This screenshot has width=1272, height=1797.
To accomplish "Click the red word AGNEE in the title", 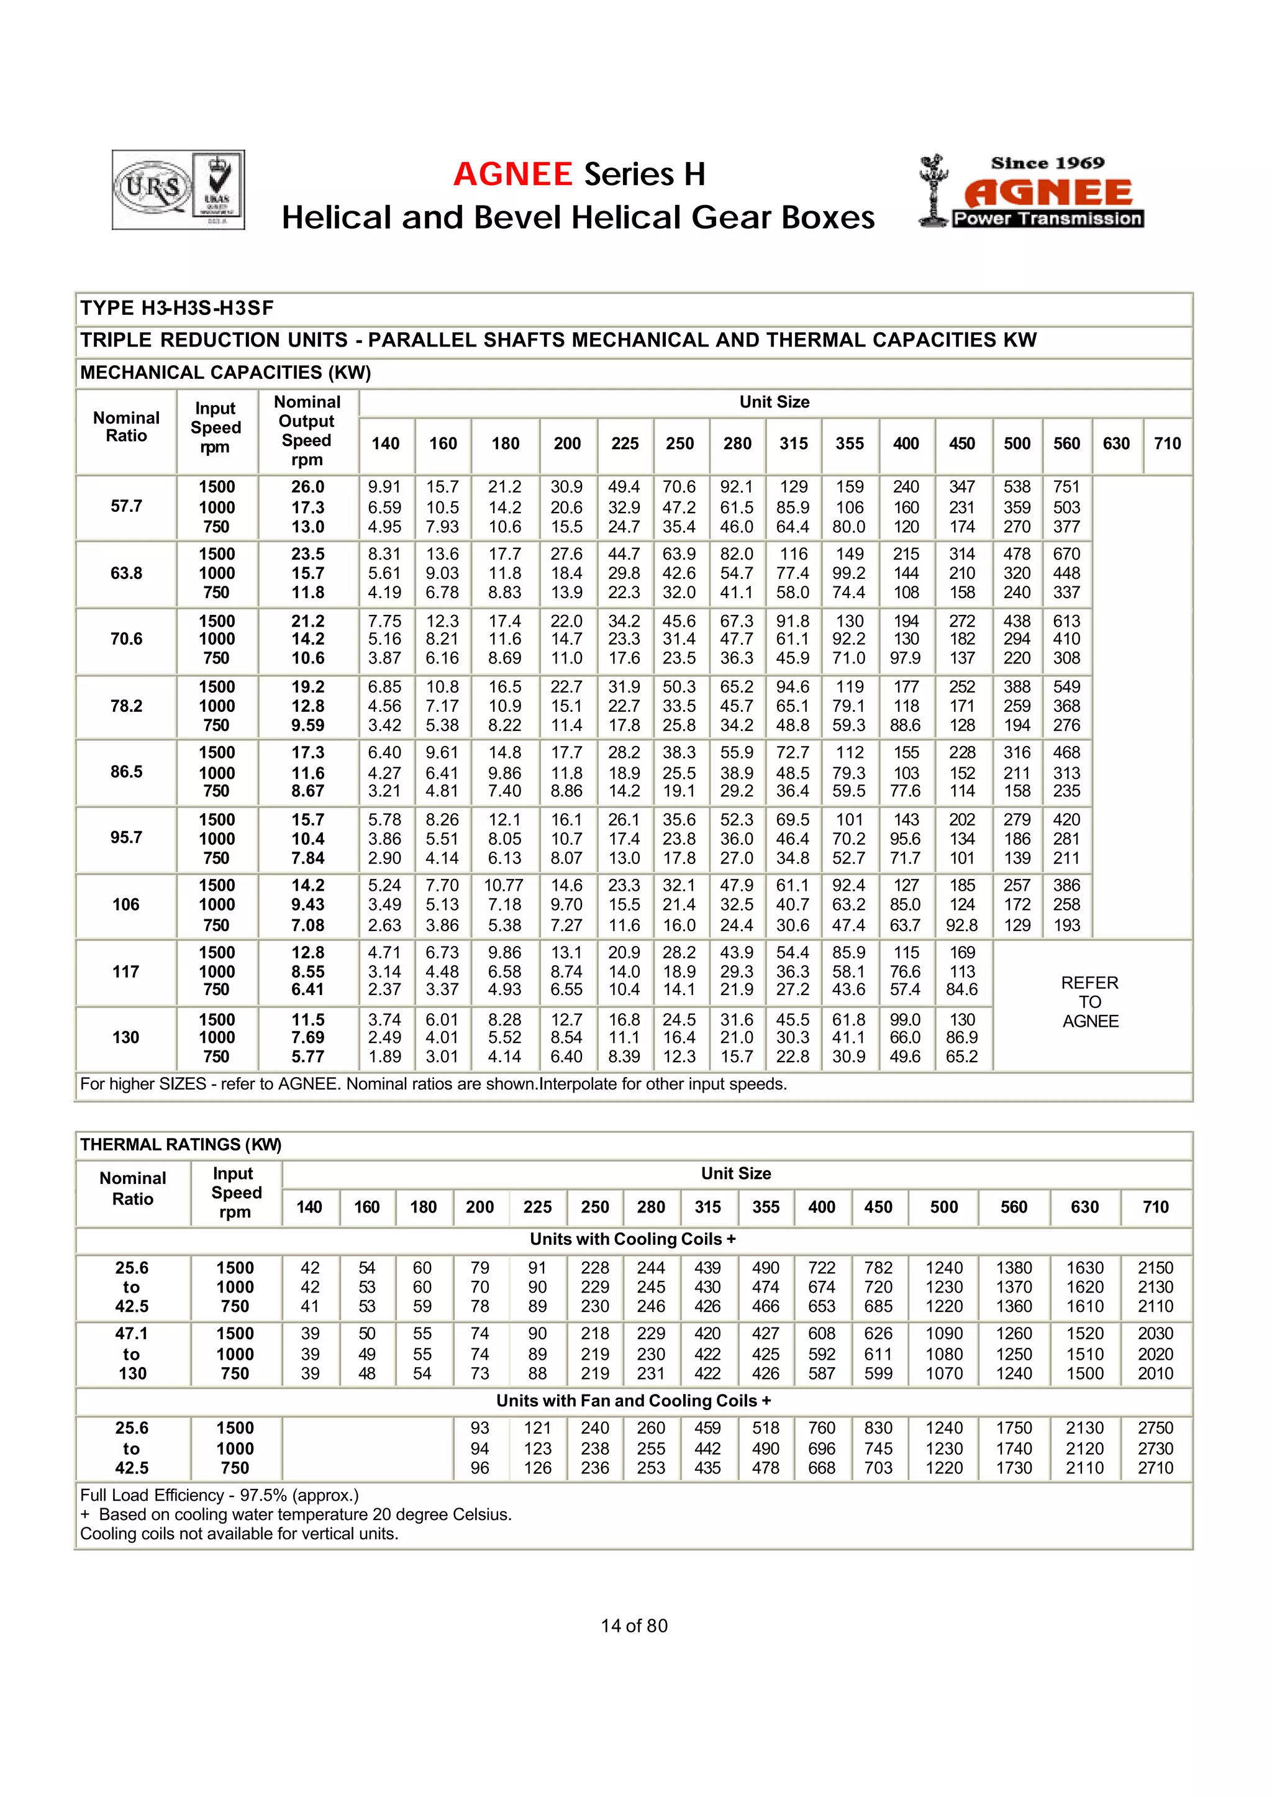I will [513, 174].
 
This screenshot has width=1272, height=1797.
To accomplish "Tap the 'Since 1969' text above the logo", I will [1047, 163].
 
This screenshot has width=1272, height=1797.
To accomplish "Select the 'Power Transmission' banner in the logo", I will [1047, 219].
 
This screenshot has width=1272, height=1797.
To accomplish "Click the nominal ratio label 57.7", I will [126, 506].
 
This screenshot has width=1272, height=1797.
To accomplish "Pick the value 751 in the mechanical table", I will [1066, 487].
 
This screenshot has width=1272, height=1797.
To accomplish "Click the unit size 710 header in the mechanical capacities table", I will [1167, 444].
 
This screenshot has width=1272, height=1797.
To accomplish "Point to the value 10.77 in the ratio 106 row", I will [504, 885].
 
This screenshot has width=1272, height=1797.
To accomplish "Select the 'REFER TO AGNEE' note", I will [1090, 1002].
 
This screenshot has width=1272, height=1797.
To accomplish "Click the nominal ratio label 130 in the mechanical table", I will [126, 1037].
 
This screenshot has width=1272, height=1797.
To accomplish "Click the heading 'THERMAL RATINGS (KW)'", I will [180, 1144].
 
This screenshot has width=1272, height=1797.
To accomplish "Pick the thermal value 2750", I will [1155, 1428].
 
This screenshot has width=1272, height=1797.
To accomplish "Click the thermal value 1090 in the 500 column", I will [944, 1333].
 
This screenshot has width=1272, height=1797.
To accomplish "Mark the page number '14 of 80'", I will [634, 1626].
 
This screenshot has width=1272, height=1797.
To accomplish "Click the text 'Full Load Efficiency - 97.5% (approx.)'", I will [219, 1494].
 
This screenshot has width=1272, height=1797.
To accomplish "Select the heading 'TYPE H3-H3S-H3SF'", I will [177, 308].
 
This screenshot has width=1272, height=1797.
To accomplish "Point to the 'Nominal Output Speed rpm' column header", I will [307, 431].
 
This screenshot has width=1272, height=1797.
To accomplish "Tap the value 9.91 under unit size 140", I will [384, 487].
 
